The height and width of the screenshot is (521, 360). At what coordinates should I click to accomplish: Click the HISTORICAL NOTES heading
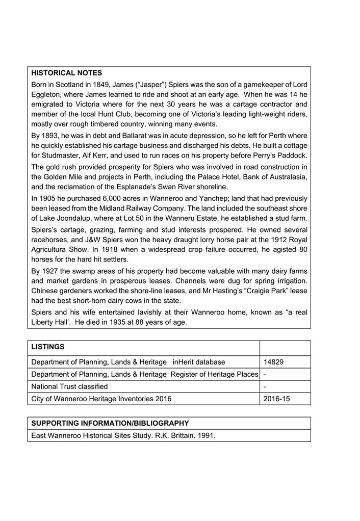click(66, 73)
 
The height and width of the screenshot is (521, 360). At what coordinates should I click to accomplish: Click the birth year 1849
click(111, 85)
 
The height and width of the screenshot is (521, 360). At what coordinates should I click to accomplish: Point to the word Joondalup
click(72, 218)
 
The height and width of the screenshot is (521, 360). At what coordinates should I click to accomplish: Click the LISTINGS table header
click(48, 347)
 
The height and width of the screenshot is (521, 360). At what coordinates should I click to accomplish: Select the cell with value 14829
click(274, 362)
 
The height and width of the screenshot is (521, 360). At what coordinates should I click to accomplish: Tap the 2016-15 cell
click(277, 399)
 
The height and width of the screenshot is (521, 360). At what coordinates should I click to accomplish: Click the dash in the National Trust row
click(265, 386)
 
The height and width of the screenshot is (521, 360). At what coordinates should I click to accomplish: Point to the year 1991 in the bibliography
click(207, 435)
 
